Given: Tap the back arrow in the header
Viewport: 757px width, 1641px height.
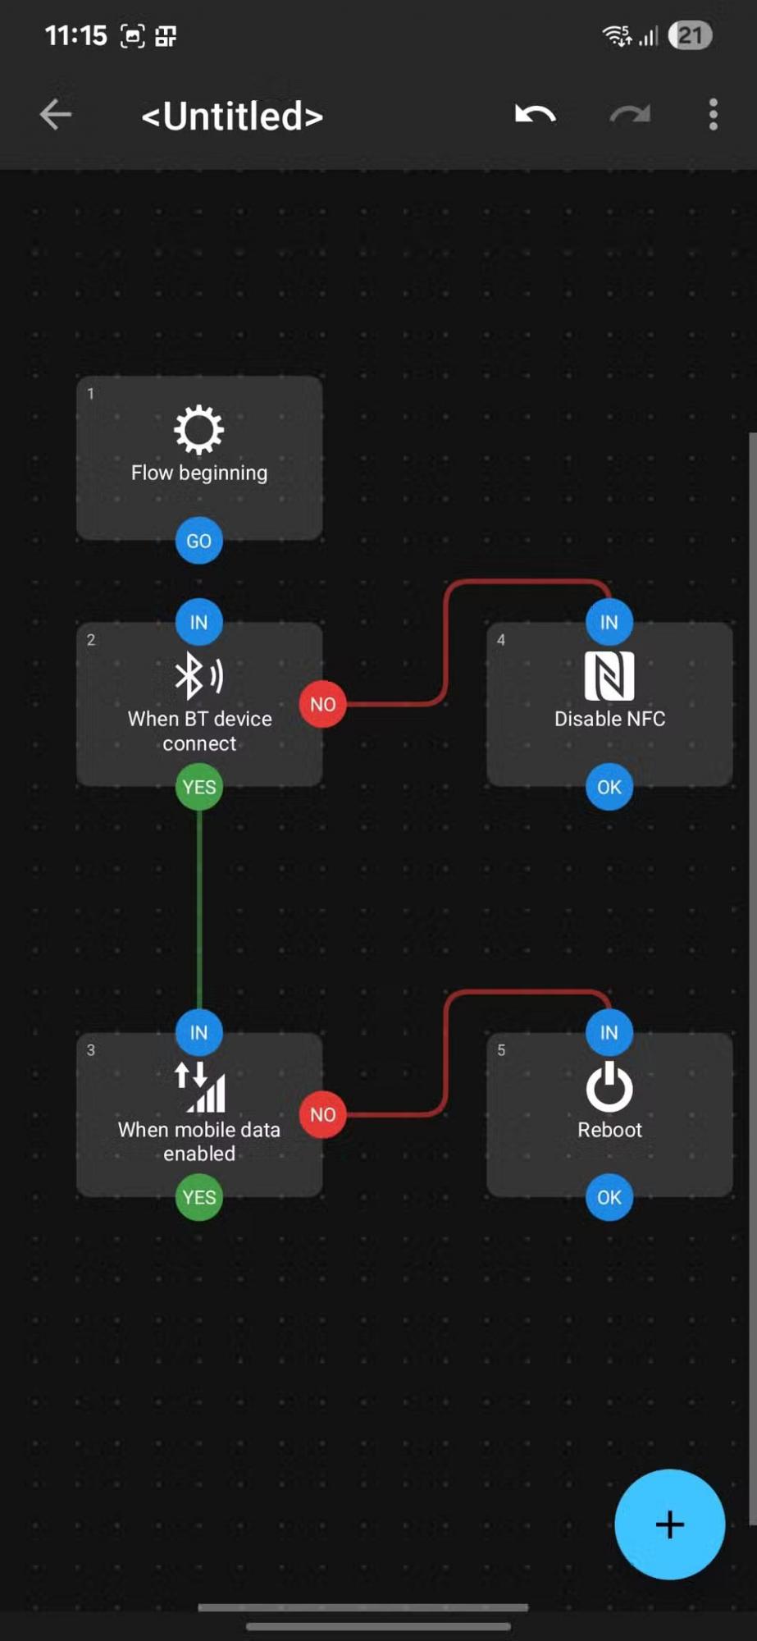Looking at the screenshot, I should pyautogui.click(x=56, y=115).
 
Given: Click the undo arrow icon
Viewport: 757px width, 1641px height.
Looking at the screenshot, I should pyautogui.click(x=536, y=115).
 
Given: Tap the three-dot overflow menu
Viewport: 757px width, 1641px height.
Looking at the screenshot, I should pyautogui.click(x=713, y=115).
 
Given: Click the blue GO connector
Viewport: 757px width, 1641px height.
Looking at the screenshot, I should pyautogui.click(x=199, y=541).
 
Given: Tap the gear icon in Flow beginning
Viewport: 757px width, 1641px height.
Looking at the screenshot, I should pyautogui.click(x=199, y=429).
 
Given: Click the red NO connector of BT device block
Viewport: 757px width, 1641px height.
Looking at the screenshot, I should pyautogui.click(x=322, y=704).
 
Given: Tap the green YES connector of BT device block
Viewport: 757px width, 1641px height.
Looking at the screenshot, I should pyautogui.click(x=199, y=787).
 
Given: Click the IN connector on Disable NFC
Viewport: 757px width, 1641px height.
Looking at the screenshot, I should pyautogui.click(x=609, y=622).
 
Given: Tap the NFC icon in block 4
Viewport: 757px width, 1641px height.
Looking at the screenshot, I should pyautogui.click(x=609, y=675).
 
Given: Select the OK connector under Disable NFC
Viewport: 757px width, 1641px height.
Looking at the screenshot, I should pyautogui.click(x=609, y=787).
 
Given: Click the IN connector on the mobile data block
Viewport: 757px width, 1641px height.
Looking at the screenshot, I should pyautogui.click(x=199, y=1032).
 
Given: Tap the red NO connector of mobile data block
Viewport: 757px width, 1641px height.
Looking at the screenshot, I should pyautogui.click(x=322, y=1114).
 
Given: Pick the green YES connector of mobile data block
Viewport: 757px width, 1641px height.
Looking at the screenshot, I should pyautogui.click(x=199, y=1197).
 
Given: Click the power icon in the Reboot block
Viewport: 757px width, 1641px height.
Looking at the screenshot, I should pyautogui.click(x=609, y=1086).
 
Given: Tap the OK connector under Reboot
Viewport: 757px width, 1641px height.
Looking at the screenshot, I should pyautogui.click(x=609, y=1197).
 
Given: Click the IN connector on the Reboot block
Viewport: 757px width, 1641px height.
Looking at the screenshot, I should pyautogui.click(x=609, y=1032).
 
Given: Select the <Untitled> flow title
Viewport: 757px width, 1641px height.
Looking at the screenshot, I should pyautogui.click(x=232, y=116).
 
